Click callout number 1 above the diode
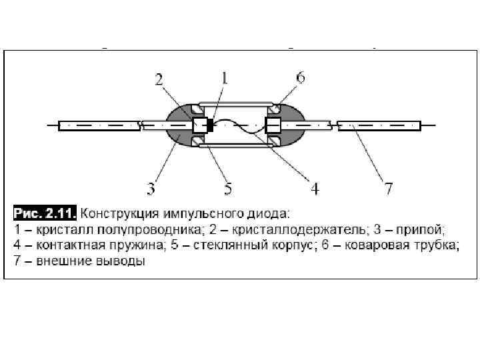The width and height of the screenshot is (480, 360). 224,79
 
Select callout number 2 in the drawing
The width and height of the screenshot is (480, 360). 160,80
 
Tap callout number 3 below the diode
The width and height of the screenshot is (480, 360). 152,189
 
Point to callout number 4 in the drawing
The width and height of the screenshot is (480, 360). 315,189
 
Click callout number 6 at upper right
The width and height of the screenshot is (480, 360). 300,78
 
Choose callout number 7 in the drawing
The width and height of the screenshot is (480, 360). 388,189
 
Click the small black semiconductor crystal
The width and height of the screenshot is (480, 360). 211,125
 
